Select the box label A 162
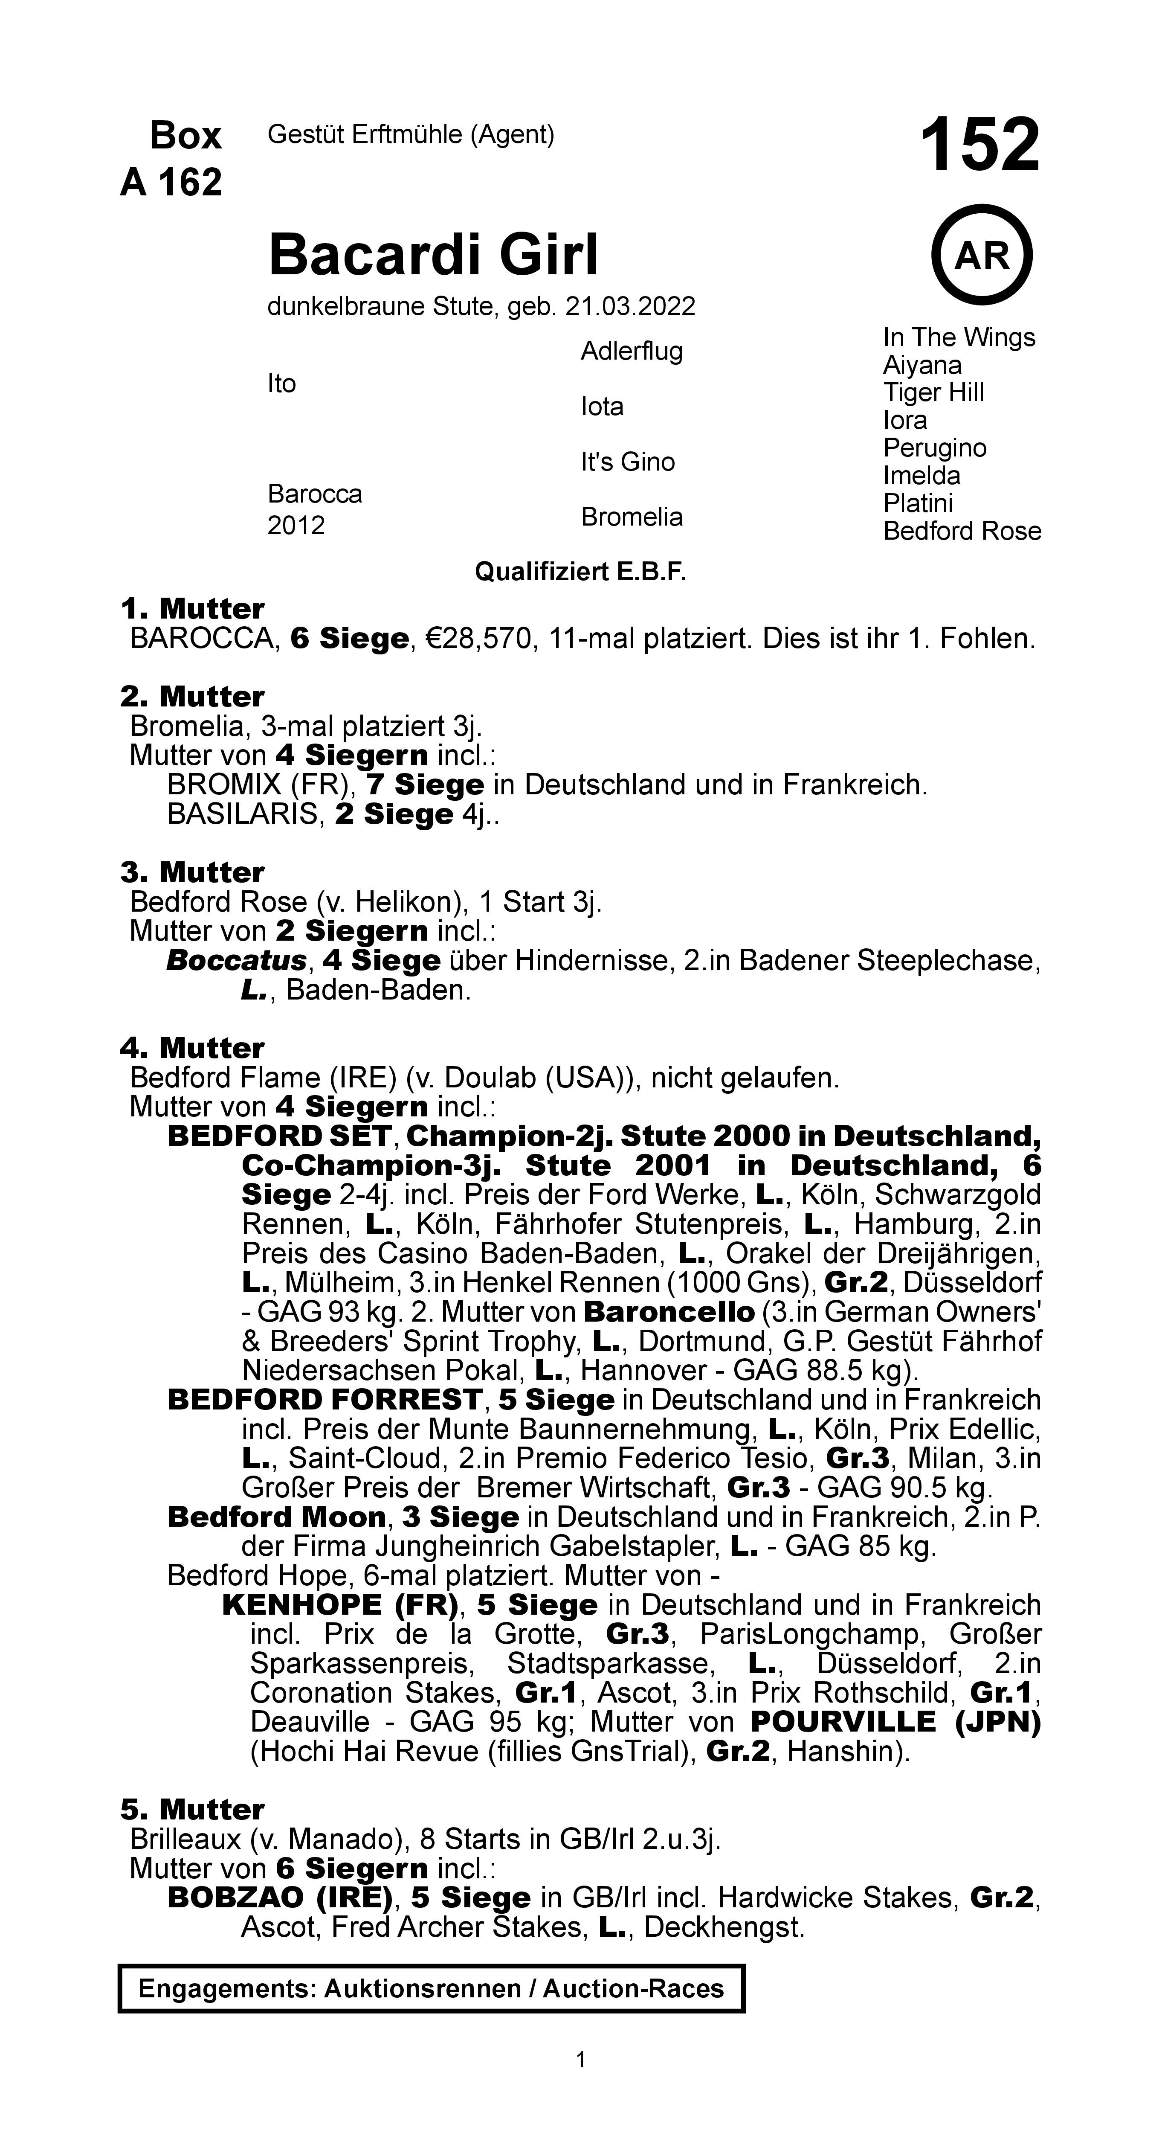pyautogui.click(x=171, y=182)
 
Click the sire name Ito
pyautogui.click(x=281, y=384)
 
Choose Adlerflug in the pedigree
pyautogui.click(x=632, y=351)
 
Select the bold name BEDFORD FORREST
pyautogui.click(x=325, y=1399)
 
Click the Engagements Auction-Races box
pyautogui.click(x=431, y=1988)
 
